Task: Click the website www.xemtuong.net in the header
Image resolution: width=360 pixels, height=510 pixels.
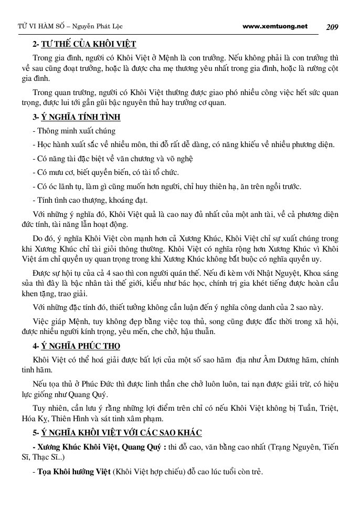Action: point(275,26)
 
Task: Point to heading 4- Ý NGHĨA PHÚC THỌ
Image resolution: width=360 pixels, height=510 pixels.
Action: point(76,346)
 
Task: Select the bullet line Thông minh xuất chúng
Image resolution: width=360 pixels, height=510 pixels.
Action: point(74,131)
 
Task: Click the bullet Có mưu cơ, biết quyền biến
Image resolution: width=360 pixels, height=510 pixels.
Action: point(105,172)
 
